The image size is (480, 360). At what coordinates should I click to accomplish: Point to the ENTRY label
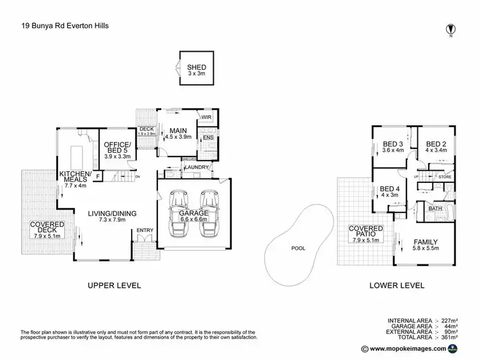145,230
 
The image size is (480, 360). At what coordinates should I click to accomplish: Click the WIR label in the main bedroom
207,118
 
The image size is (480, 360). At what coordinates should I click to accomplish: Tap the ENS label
207,137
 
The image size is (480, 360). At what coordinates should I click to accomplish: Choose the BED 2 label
436,143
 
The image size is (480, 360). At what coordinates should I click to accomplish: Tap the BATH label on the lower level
435,208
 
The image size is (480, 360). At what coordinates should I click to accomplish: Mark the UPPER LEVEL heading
114,285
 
